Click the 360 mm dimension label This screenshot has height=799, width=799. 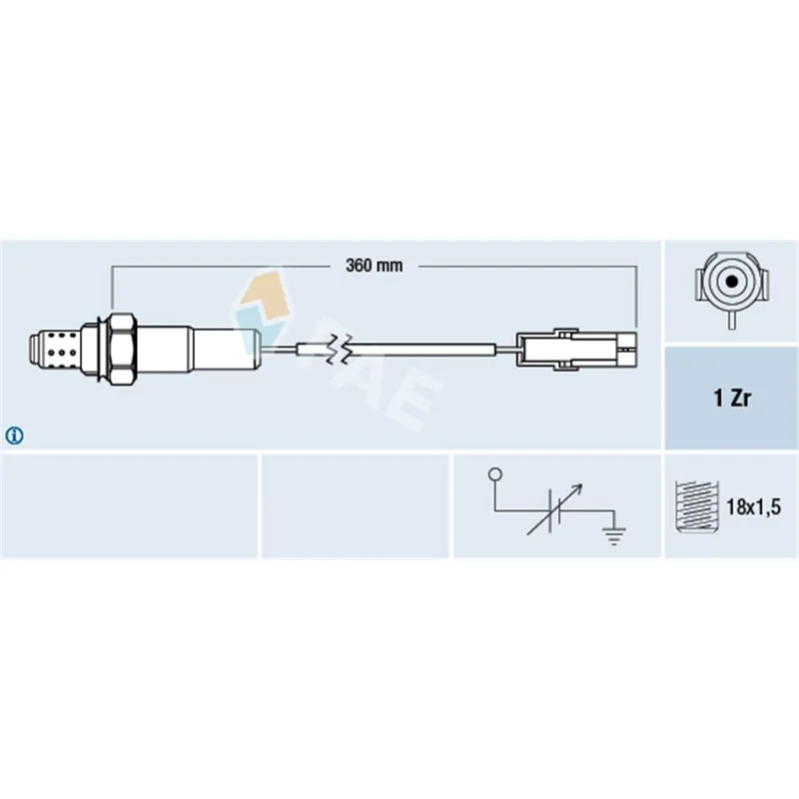(374, 266)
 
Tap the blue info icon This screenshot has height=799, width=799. (14, 435)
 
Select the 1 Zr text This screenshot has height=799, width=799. (732, 398)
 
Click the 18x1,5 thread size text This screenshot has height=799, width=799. (753, 507)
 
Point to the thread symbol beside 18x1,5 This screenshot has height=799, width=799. (696, 506)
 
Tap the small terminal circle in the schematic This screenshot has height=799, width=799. (494, 474)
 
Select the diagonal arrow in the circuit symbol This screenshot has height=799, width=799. (554, 509)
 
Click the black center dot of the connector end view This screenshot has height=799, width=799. (732, 281)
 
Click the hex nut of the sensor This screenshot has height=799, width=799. (122, 349)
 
